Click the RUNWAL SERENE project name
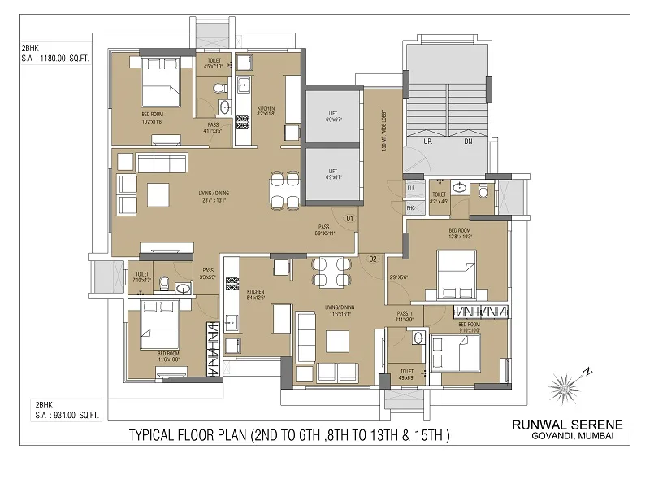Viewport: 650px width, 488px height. (x=566, y=425)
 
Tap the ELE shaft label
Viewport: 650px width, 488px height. (x=411, y=189)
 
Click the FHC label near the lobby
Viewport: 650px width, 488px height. (x=411, y=208)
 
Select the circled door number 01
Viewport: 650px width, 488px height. (x=349, y=218)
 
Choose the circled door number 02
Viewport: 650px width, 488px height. (x=373, y=259)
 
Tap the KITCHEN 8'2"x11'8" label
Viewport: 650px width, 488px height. (x=266, y=111)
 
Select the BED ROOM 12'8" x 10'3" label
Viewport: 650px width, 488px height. (x=460, y=233)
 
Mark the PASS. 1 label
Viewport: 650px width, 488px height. (x=405, y=316)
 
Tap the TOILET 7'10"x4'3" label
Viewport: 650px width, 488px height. (x=142, y=277)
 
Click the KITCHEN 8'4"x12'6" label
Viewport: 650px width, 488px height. (x=257, y=295)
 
